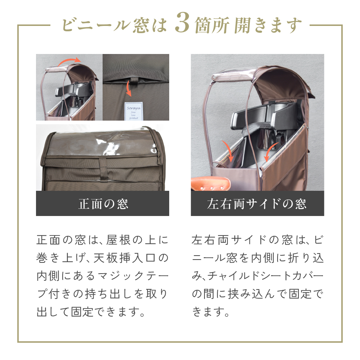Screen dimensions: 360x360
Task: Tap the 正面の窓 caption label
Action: pos(103,204)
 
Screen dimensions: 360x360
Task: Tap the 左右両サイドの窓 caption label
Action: pos(257,204)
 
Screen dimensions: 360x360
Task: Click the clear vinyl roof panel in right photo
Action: pos(230,74)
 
